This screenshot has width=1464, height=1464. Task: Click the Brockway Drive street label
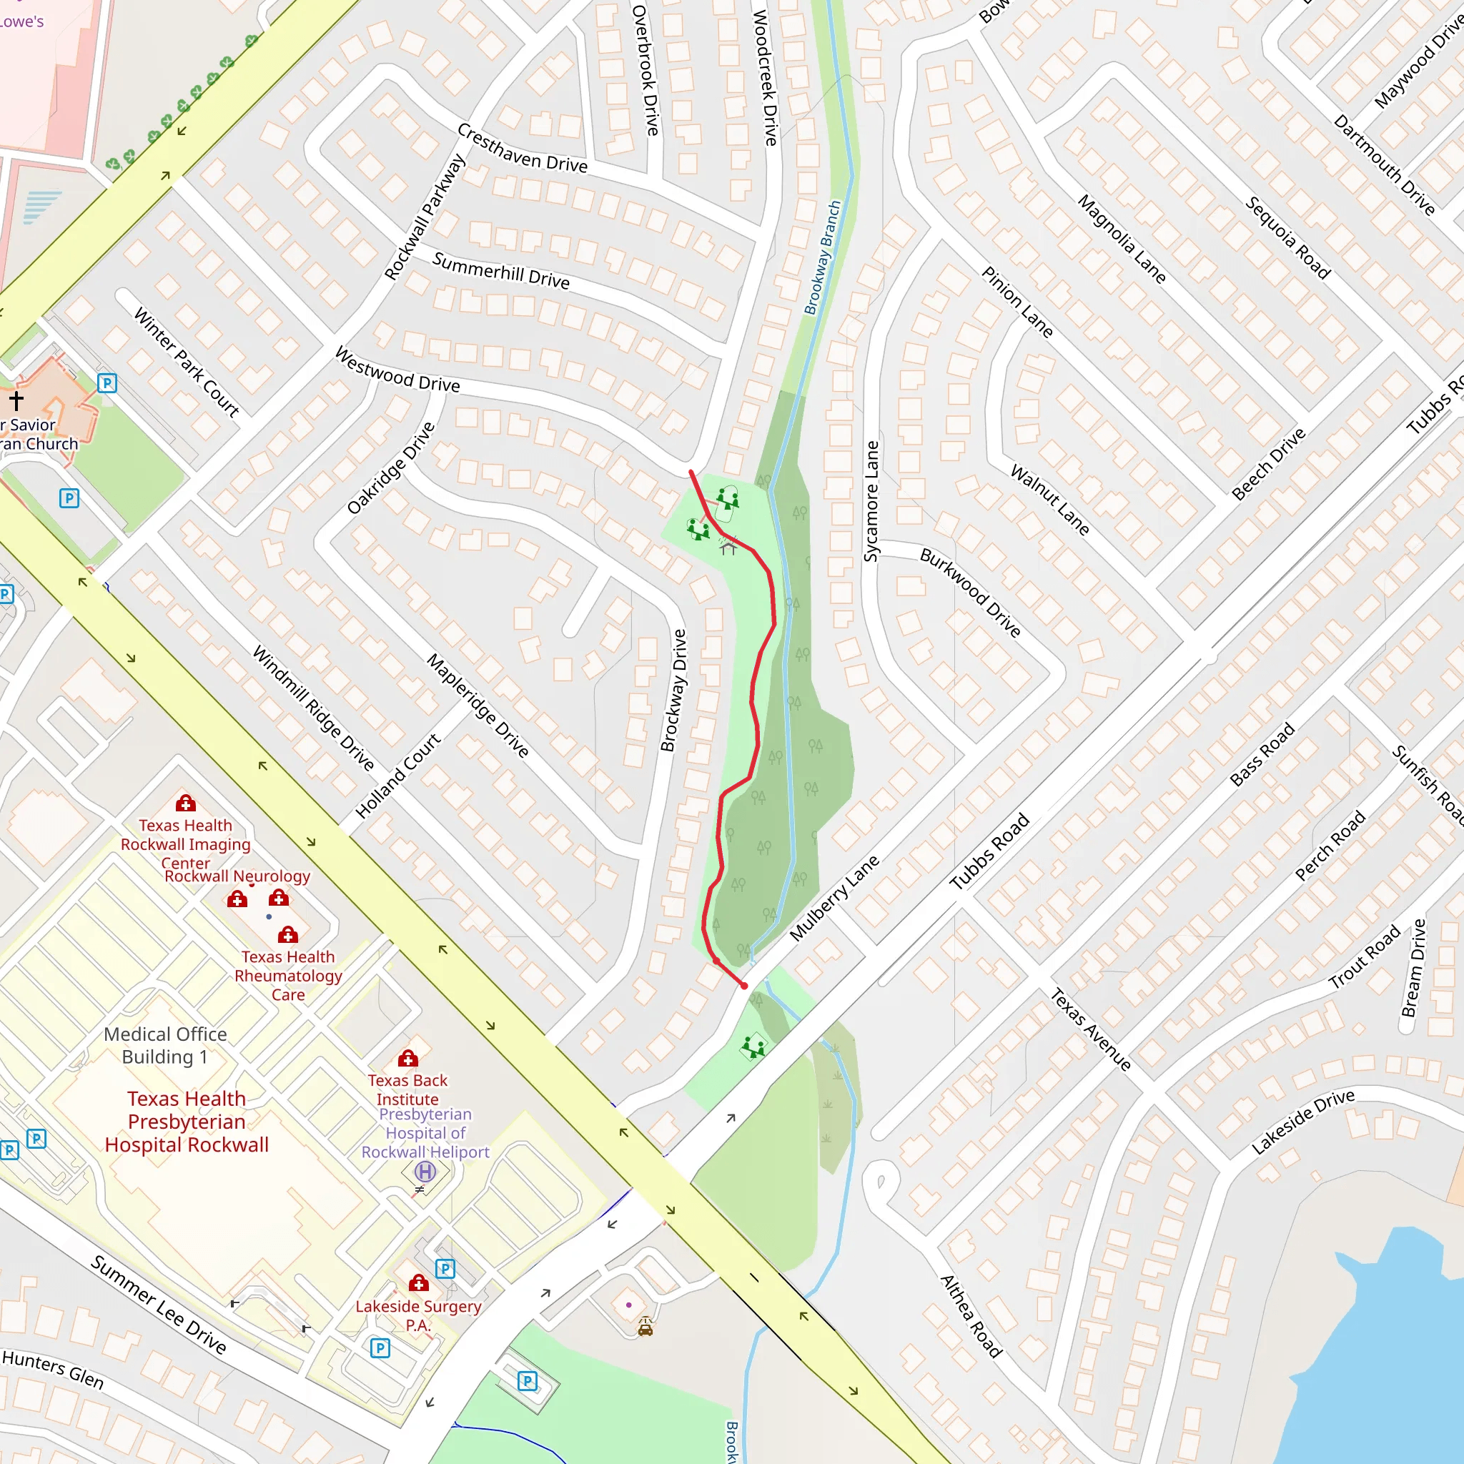click(673, 691)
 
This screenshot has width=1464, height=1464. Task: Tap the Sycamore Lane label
click(871, 501)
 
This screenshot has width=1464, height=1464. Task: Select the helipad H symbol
click(425, 1172)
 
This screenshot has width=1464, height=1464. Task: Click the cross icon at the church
click(16, 400)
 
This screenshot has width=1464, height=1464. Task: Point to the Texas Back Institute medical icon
click(408, 1059)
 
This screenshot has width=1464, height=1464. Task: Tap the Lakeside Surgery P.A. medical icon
click(418, 1283)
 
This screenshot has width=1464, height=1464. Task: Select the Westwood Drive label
click(397, 370)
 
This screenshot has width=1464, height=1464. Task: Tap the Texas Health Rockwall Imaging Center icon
click(186, 803)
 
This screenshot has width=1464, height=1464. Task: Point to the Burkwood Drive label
click(970, 593)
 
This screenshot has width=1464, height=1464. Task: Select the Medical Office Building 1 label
click(165, 1045)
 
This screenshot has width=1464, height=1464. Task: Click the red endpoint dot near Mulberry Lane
click(744, 986)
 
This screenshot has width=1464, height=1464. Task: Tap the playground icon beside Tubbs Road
click(754, 1048)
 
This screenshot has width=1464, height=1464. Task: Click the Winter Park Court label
click(187, 362)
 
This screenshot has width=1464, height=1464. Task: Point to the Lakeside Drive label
click(1302, 1122)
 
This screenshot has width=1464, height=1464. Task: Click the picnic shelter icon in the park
click(728, 546)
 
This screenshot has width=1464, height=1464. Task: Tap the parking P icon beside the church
click(107, 382)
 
